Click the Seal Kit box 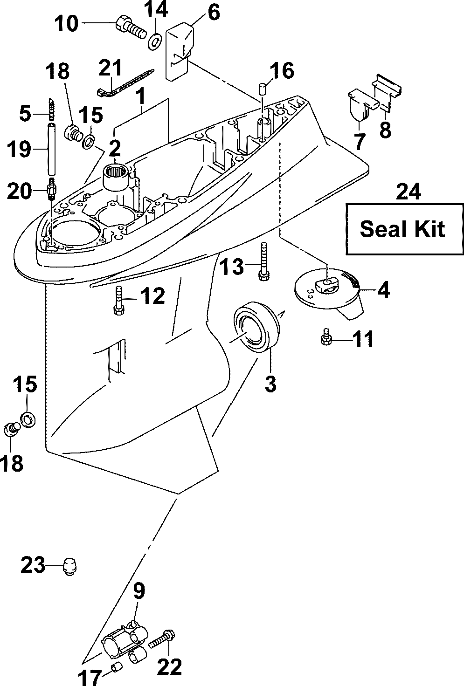coord(405,229)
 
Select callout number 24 coord(409,192)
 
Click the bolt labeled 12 coord(119,301)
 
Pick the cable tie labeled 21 coord(125,82)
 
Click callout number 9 coord(139,591)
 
